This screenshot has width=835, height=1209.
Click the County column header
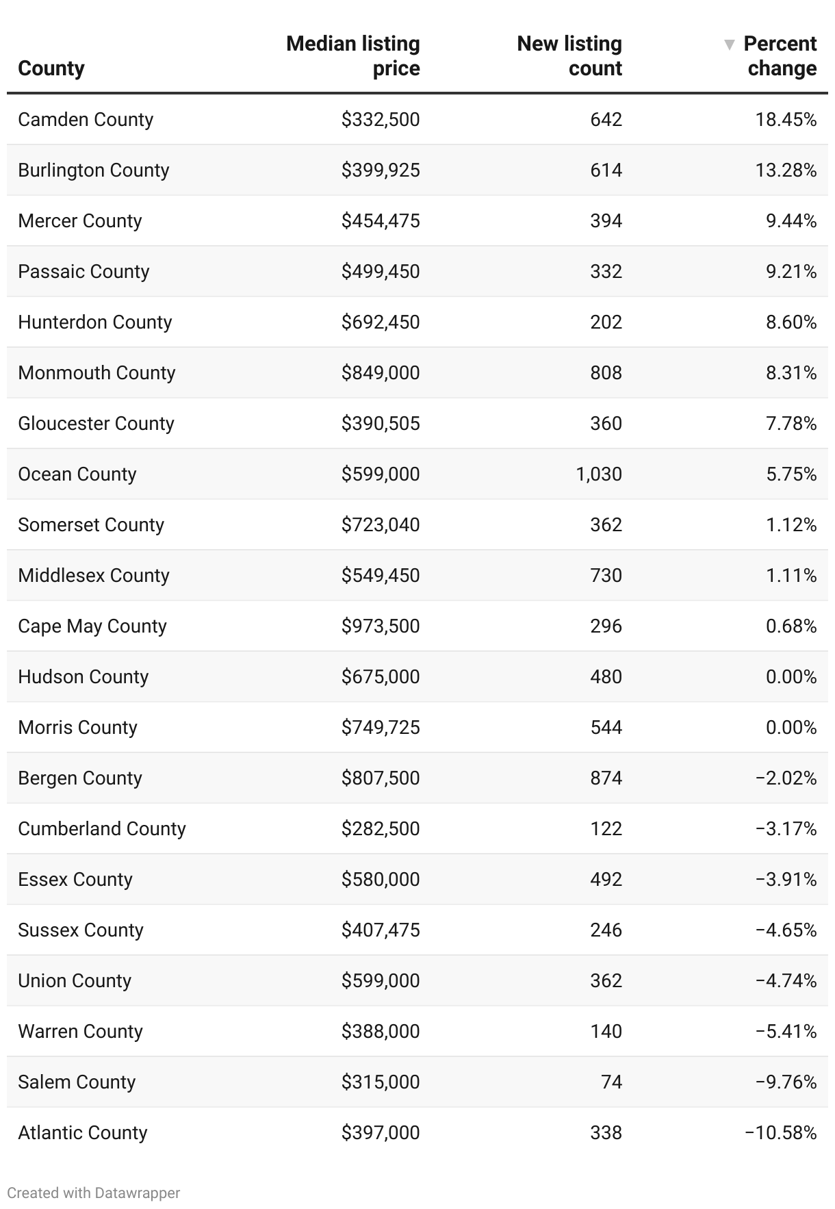pyautogui.click(x=51, y=68)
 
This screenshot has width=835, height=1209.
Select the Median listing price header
pyautogui.click(x=353, y=56)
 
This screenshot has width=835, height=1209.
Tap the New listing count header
pyautogui.click(x=569, y=56)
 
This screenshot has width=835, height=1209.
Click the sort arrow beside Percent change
pyautogui.click(x=729, y=44)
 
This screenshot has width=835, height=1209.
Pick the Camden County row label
pyautogui.click(x=86, y=120)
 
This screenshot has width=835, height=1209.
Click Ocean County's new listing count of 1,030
pyautogui.click(x=599, y=474)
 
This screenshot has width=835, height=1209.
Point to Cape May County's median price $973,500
pyautogui.click(x=381, y=626)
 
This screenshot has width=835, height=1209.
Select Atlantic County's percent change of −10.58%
pyautogui.click(x=780, y=1133)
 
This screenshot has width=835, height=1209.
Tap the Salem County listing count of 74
pyautogui.click(x=611, y=1082)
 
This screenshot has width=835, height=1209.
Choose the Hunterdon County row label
pyautogui.click(x=94, y=322)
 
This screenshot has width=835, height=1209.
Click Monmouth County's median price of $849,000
pyautogui.click(x=381, y=373)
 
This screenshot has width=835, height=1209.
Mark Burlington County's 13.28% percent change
pyautogui.click(x=786, y=170)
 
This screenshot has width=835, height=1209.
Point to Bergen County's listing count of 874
pyautogui.click(x=606, y=778)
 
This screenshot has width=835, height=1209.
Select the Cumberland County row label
pyautogui.click(x=102, y=829)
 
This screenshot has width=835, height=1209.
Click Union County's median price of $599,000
pyautogui.click(x=381, y=981)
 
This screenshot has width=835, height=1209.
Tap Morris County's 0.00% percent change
pyautogui.click(x=791, y=728)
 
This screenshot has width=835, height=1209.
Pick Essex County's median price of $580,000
pyautogui.click(x=381, y=880)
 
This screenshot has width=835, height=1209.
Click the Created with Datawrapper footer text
pyautogui.click(x=94, y=1193)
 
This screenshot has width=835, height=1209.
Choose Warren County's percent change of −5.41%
pyautogui.click(x=786, y=1032)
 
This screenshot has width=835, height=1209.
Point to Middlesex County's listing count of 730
pyautogui.click(x=606, y=576)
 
